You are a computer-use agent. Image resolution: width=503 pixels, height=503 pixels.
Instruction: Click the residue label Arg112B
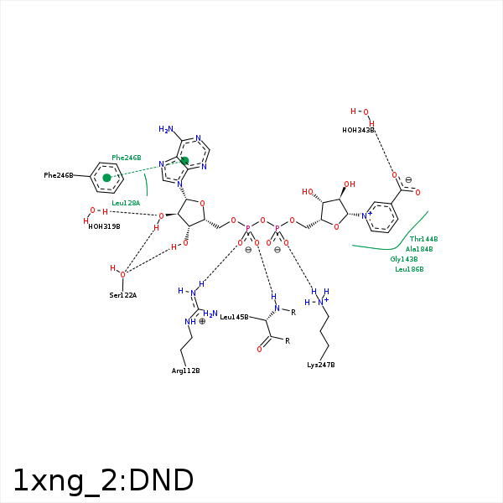pos(185,370)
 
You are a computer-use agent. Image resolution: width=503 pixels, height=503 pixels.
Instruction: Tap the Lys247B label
pos(320,365)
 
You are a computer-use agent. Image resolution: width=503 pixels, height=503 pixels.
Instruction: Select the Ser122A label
pos(122,295)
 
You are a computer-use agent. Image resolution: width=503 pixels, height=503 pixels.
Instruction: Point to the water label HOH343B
pos(358,130)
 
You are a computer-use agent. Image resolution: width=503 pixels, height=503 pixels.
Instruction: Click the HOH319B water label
pos(104,226)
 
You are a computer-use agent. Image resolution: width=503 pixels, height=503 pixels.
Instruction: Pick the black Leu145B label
pos(234,317)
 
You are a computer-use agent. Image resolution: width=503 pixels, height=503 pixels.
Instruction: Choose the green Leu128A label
pos(126,203)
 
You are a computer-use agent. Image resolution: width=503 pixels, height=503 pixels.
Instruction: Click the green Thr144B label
pos(423,239)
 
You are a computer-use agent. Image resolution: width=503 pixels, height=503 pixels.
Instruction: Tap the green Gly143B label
pos(404,259)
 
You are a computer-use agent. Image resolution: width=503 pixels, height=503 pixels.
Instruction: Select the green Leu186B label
pos(409,269)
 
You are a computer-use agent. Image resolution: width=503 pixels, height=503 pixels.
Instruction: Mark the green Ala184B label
pos(419,249)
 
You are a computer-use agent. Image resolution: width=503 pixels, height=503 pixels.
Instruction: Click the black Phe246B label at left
pos(59,175)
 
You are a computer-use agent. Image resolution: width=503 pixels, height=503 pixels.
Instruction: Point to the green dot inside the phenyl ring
pos(106,178)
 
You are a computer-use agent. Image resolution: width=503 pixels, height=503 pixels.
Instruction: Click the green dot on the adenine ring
pos(184,161)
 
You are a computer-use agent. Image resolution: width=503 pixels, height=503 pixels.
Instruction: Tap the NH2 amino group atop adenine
pos(166,130)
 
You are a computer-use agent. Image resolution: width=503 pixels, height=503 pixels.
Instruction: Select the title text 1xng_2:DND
pos(102,480)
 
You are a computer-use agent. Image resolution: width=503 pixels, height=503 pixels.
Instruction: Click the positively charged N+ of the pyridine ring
pos(366,215)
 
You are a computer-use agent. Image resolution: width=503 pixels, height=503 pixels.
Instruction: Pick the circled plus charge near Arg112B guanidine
pos(202,321)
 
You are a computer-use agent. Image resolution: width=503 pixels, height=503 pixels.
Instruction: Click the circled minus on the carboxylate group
pos(408,180)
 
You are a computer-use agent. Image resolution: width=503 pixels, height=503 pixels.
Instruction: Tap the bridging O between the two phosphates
pos(262,221)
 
